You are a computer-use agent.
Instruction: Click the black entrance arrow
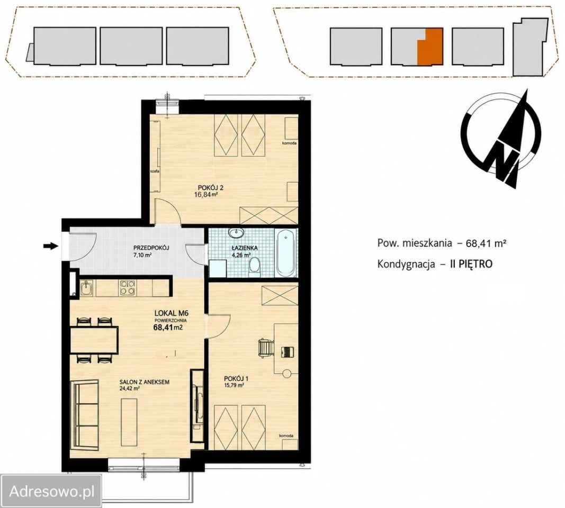pos(51,246)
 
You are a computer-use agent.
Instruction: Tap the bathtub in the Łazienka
pos(286,253)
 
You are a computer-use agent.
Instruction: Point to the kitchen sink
pos(86,288)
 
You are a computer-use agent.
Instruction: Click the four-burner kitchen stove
pos(128,288)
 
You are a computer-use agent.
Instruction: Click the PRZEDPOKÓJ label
pos(151,248)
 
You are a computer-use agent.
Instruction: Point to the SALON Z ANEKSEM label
pos(145,382)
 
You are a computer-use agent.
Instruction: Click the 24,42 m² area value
pos(129,388)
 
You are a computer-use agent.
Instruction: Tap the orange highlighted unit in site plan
pos(429,47)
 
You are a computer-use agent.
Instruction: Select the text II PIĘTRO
pos(471,264)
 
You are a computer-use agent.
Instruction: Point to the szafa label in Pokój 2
pos(155,171)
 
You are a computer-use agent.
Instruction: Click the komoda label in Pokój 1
pos(286,436)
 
